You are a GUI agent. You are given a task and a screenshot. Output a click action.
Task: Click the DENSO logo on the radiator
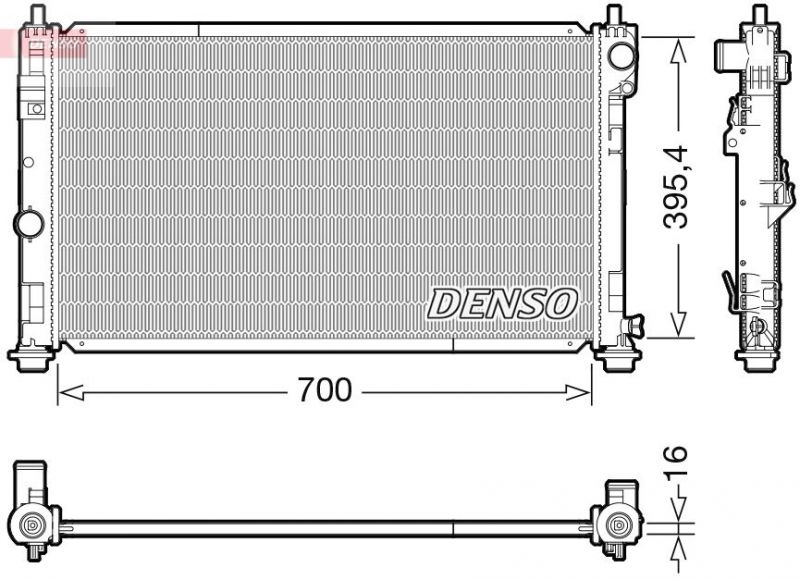(504, 302)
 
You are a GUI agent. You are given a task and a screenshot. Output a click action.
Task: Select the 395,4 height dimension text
(679, 187)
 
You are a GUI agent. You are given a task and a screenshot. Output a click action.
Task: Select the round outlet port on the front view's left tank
(26, 221)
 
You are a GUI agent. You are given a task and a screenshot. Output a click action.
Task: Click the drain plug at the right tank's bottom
(633, 326)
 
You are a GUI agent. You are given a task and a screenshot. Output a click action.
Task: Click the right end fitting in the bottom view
(618, 514)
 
